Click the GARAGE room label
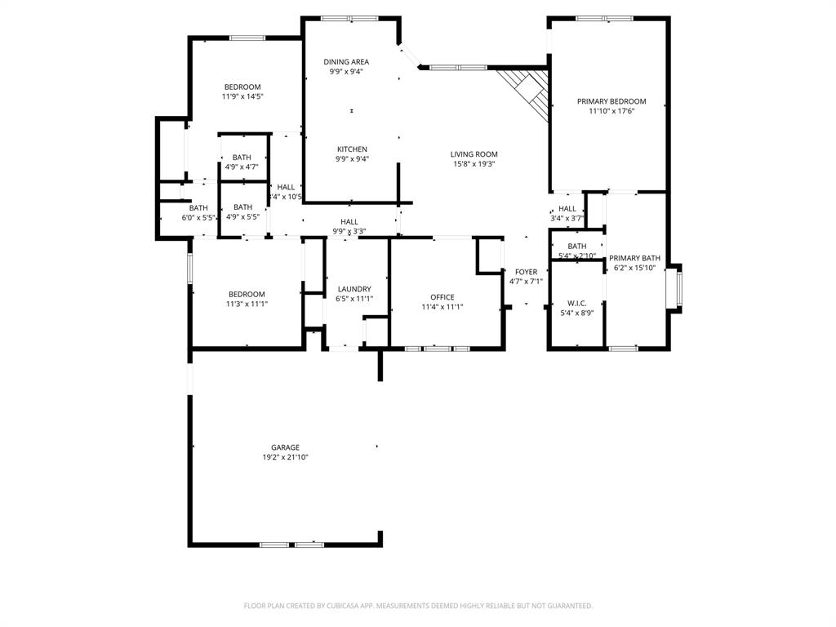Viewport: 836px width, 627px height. (x=285, y=447)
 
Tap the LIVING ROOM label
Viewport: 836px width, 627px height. (x=474, y=154)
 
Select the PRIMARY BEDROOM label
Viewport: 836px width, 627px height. (x=611, y=101)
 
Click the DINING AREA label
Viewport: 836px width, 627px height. (x=346, y=62)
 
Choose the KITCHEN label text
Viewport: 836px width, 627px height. (x=352, y=149)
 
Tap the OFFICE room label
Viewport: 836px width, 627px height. (x=442, y=297)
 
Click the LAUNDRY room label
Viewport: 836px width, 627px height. (x=354, y=289)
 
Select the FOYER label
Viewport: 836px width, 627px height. (x=526, y=272)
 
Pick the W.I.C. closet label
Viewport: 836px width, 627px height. (x=577, y=303)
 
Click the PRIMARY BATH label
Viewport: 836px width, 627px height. (x=634, y=258)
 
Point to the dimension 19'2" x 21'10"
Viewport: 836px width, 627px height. (x=285, y=458)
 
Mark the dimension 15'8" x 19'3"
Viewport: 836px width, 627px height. (x=474, y=164)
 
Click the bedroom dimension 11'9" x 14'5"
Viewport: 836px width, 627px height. (x=242, y=96)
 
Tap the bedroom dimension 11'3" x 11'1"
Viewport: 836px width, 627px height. (x=247, y=304)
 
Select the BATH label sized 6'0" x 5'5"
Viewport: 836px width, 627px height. (x=198, y=208)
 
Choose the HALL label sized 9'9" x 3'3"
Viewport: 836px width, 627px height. (x=349, y=222)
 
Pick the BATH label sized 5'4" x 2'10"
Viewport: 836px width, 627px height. (x=577, y=247)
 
